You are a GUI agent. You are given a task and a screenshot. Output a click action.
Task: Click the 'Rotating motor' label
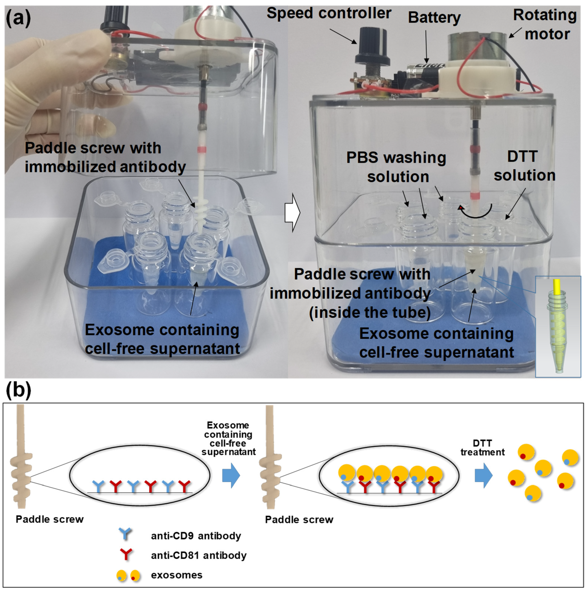(545, 25)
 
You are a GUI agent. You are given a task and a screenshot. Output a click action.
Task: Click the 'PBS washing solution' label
(396, 167)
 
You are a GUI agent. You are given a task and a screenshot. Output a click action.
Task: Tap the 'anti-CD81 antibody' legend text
(199, 555)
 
